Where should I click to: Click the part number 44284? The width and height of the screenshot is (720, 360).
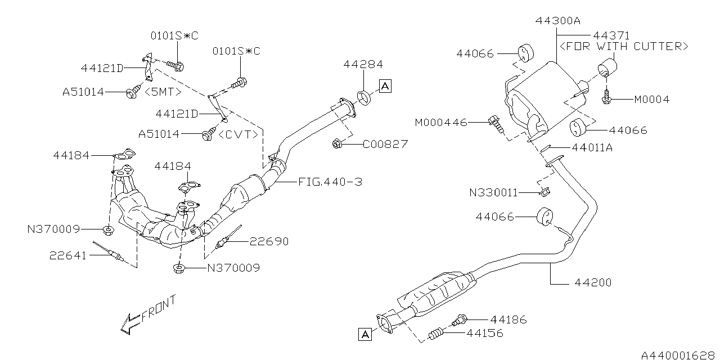[x=363, y=65]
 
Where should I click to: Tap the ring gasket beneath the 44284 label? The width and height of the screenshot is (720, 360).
[x=364, y=97]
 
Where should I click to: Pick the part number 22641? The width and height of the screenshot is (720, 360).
[x=67, y=255]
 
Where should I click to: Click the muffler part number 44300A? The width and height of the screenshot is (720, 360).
[x=557, y=21]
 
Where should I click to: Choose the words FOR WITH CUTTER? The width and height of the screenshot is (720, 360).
[x=623, y=46]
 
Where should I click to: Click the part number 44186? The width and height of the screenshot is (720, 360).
[x=508, y=319]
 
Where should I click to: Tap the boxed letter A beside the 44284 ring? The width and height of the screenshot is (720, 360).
[x=385, y=86]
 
